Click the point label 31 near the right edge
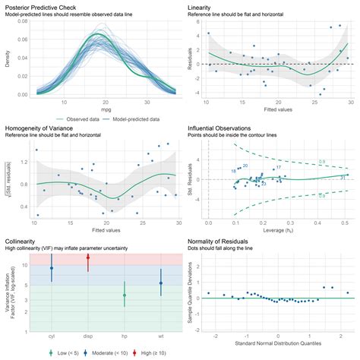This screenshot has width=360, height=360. pos(343,176)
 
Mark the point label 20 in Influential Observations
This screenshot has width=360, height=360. pos(245,166)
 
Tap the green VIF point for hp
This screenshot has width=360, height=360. pos(125,295)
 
